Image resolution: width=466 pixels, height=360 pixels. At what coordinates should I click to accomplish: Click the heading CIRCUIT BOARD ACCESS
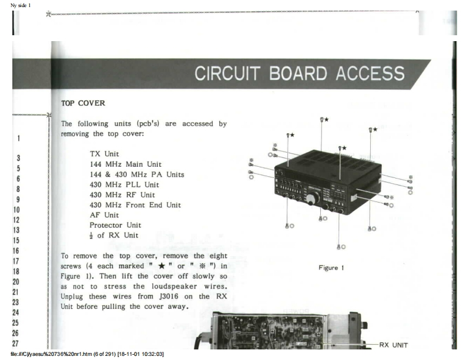pos(299,73)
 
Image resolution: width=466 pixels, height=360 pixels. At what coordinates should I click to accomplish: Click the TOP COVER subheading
pos(83,103)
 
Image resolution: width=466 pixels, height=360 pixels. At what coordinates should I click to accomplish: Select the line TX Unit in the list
pos(103,154)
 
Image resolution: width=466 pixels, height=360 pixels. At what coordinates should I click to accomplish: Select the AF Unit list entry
pos(104,215)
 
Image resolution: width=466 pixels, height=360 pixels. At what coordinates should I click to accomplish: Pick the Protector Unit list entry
pos(116,225)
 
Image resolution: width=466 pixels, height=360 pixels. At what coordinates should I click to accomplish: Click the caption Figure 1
pos(331,268)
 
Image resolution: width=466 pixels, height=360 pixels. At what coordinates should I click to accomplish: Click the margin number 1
pos(19,139)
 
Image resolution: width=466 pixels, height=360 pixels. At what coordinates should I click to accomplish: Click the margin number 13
pos(18,230)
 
